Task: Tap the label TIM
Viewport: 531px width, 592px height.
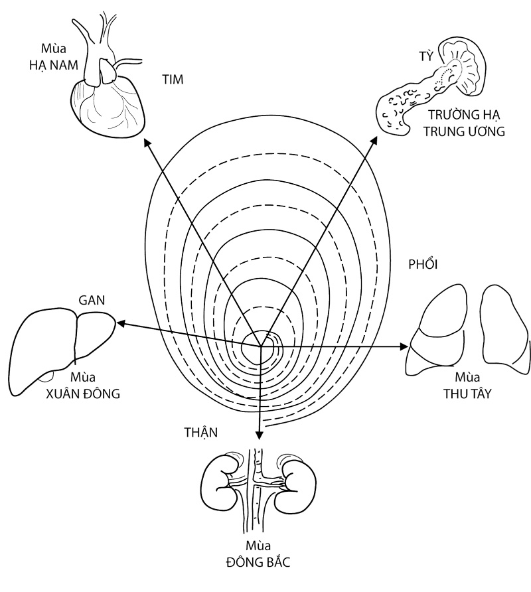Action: point(172,80)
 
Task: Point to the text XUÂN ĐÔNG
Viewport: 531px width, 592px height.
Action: point(82,394)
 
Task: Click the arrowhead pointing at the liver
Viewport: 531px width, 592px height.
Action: point(119,324)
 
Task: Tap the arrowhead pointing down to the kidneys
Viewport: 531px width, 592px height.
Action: point(259,435)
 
